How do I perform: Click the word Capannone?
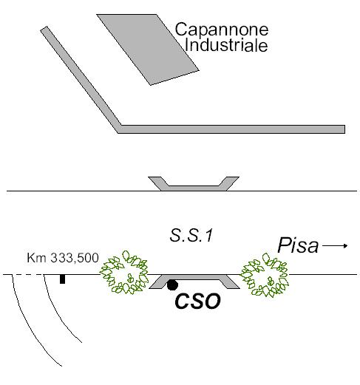point(222,30)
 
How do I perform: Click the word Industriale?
point(226,45)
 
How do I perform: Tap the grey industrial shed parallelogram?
point(148,50)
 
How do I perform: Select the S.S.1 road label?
point(191,236)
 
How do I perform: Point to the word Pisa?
point(298,245)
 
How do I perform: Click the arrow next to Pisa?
point(335,245)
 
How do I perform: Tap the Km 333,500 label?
point(63,258)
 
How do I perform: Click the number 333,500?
point(75,258)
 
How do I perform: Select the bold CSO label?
point(197,301)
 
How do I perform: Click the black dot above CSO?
point(172,285)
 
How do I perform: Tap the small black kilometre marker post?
point(63,279)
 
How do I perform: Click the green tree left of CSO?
point(124,272)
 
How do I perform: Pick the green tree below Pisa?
point(265,275)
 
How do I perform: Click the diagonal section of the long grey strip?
point(81,79)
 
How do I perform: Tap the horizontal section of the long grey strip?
point(231,129)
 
